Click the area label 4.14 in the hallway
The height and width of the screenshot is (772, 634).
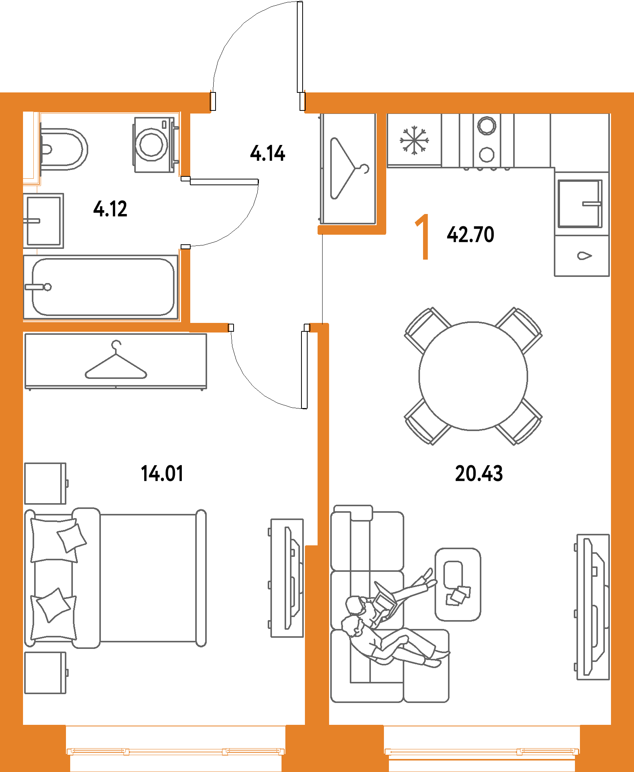[268, 153]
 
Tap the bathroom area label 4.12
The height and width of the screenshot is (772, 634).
[110, 209]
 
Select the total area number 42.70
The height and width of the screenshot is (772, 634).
[471, 234]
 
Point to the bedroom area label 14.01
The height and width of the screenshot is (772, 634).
[161, 473]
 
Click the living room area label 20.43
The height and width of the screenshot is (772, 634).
[479, 473]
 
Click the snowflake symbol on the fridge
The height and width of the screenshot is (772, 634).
[414, 140]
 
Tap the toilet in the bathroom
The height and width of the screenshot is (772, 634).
[63, 149]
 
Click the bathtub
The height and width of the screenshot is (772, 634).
[102, 287]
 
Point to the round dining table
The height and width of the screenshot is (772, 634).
[473, 376]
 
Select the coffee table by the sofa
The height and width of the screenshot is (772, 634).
[458, 584]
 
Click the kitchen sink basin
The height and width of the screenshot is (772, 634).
[579, 204]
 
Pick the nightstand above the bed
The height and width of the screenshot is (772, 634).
[45, 483]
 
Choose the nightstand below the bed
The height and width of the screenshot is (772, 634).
[45, 673]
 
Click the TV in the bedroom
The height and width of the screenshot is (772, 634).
[288, 578]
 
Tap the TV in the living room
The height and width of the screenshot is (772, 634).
[593, 607]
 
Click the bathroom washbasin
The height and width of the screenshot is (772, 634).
[43, 221]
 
